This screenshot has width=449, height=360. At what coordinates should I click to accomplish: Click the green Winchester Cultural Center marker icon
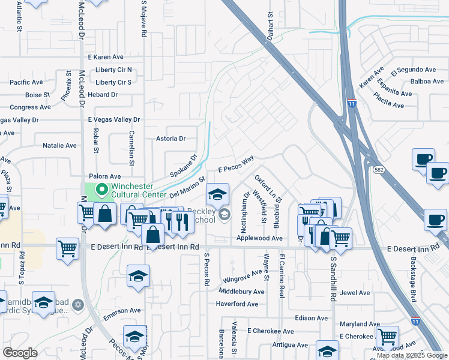101,190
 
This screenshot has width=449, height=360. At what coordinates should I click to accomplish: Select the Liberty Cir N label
113,70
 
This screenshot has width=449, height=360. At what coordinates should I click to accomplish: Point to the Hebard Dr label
102,95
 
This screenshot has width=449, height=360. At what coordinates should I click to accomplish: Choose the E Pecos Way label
236,165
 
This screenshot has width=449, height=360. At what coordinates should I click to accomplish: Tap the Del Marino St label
187,187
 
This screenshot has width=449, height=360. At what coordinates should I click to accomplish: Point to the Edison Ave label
312,318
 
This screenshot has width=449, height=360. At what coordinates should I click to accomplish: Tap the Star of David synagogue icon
77,306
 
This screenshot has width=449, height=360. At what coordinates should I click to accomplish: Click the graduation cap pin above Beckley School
217,193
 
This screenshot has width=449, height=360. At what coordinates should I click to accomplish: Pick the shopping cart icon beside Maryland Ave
387,337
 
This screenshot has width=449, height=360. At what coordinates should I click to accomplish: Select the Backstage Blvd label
414,281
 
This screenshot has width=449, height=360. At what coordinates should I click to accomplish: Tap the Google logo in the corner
20,353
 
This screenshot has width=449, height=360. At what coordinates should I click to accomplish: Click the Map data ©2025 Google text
411,355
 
